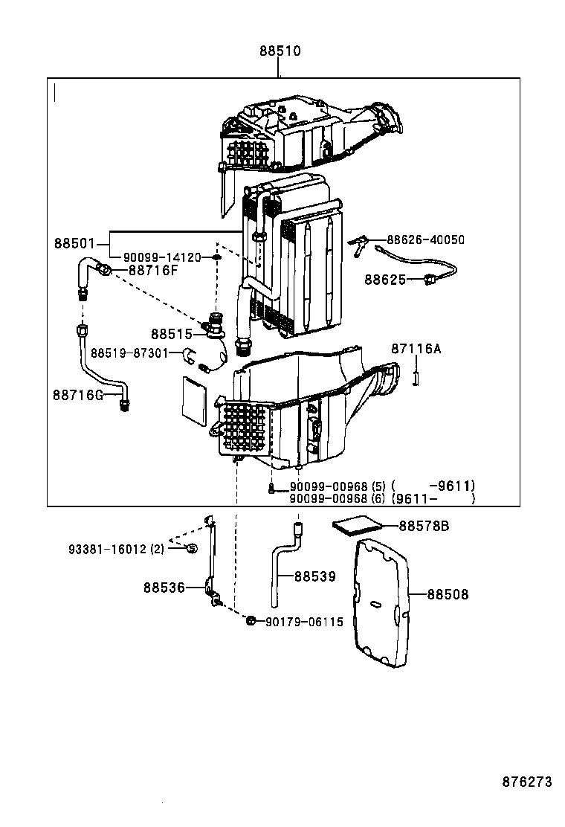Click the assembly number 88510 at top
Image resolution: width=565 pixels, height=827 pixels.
(x=280, y=52)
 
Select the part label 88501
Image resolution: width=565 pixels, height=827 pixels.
(x=74, y=244)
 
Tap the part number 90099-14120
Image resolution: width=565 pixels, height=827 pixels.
(x=162, y=257)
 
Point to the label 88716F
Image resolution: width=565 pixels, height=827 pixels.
(x=153, y=270)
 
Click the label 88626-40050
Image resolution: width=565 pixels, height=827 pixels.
(x=425, y=239)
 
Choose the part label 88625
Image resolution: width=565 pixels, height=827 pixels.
(x=385, y=280)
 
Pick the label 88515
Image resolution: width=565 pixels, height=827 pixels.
(x=172, y=335)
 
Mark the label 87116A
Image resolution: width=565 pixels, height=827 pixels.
(x=416, y=349)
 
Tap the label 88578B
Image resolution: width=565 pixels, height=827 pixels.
(x=424, y=527)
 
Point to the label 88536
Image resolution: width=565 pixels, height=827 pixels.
(x=164, y=588)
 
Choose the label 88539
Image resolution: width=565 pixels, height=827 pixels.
(x=314, y=576)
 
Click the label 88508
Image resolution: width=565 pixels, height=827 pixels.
(x=448, y=595)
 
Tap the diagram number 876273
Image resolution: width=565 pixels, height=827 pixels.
(x=527, y=782)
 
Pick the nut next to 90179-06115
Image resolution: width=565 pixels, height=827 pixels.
(x=251, y=621)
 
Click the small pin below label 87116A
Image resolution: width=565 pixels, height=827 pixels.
(x=416, y=379)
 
